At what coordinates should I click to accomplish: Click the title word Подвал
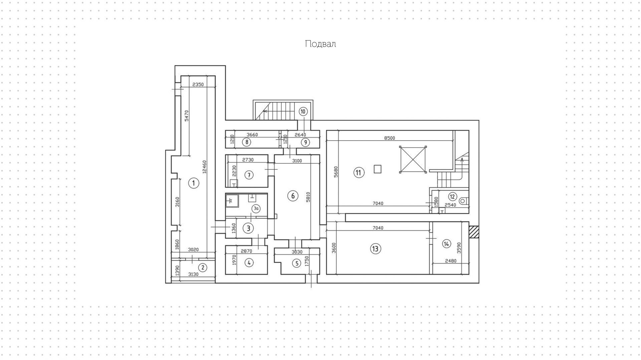point(320,44)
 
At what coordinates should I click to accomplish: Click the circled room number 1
point(194,183)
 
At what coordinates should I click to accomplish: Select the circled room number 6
point(293,196)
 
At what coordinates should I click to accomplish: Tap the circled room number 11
point(359,173)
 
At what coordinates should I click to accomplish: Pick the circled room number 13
point(375,248)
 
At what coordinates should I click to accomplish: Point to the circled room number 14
point(446,244)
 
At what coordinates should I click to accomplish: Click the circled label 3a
point(256,209)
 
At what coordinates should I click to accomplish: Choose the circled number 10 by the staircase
point(303,112)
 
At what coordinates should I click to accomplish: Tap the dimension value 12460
point(204,167)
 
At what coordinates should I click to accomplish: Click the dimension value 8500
point(389,138)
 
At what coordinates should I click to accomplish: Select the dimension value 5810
point(308,197)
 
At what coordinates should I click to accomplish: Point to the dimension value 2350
point(198,84)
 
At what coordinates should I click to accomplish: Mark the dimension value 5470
point(187,116)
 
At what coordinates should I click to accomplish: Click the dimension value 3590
point(459,248)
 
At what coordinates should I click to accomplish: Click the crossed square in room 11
point(413,160)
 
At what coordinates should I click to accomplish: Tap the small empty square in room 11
point(377,169)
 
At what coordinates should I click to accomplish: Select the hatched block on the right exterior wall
point(474,232)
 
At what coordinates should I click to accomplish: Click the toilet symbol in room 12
point(463,201)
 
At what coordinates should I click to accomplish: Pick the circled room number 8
point(246,142)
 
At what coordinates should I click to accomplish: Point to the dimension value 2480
point(450,261)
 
